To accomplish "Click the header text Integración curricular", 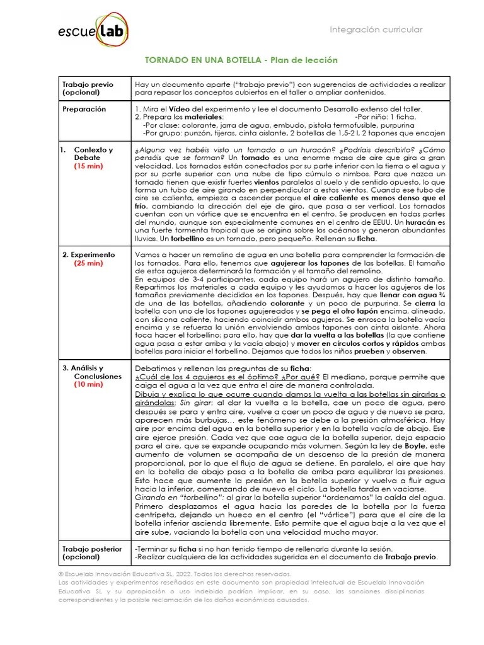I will tap(376, 30).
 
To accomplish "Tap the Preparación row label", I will tap(84, 109).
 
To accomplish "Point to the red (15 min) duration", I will tap(88, 166).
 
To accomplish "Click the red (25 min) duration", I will tap(88, 263).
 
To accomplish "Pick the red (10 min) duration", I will tap(88, 384).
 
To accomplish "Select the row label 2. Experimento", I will tap(88, 254).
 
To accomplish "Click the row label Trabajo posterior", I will tap(92, 549).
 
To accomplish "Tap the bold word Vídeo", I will tap(178, 109).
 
